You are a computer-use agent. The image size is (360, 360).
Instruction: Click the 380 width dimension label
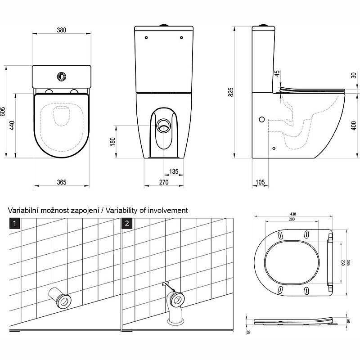pos(62,30)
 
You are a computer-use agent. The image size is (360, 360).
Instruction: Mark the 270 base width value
pos(163,182)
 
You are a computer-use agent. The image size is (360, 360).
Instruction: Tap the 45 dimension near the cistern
pos(277,73)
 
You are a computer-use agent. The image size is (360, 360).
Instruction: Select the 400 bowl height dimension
pos(354,123)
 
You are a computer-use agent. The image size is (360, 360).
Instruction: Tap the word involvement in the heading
pos(171,210)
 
